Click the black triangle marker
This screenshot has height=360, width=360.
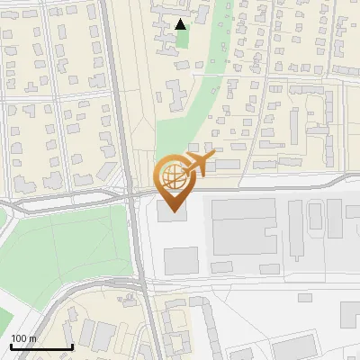click(x=182, y=24)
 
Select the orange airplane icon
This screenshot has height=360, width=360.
click(x=198, y=165)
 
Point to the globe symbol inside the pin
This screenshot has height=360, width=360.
click(x=172, y=174)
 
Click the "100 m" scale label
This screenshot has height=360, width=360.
click(x=24, y=338)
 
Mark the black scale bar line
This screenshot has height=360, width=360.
click(x=41, y=346)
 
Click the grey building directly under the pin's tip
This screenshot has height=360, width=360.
click(x=172, y=211)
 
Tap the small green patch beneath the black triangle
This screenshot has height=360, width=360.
click(x=183, y=38)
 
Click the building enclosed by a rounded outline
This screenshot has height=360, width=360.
click(x=316, y=216)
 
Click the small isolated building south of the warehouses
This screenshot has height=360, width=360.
click(x=305, y=298)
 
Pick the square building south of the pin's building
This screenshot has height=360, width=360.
click(x=181, y=260)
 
